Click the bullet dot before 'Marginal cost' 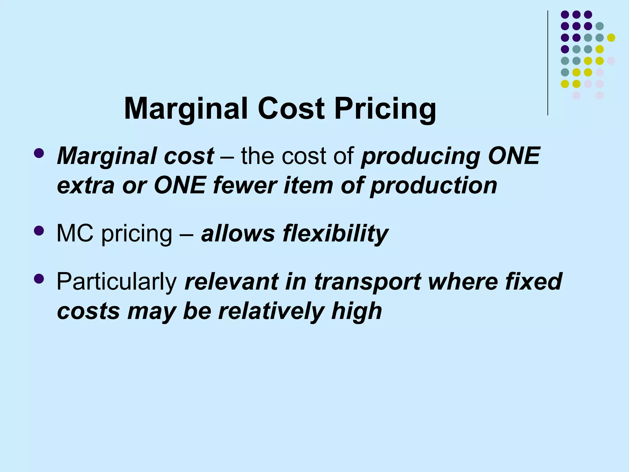tap(39, 153)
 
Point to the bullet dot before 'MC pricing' tap(39, 230)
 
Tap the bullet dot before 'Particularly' tap(39, 278)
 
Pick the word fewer tap(245, 186)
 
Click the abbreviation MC tap(75, 234)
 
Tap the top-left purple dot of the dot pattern tap(565, 14)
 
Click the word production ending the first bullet tap(434, 186)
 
